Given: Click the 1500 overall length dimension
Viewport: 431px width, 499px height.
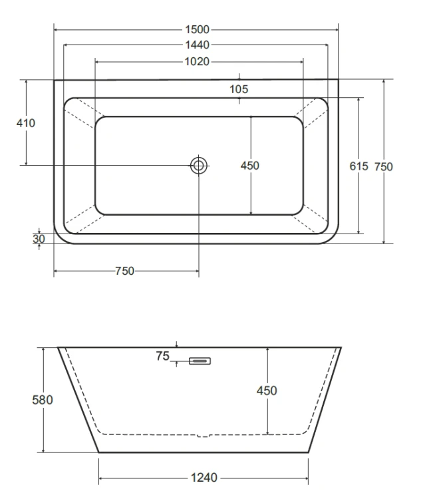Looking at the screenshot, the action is [x=198, y=29].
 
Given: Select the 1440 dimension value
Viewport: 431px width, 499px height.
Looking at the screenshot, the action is [x=198, y=45].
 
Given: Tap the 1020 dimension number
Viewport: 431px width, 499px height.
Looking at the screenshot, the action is [x=197, y=61].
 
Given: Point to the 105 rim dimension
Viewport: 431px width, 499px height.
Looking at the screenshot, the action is [x=239, y=89].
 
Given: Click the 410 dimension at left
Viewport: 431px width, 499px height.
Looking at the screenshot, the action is [x=26, y=123].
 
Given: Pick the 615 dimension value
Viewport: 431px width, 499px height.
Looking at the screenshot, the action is [x=359, y=166].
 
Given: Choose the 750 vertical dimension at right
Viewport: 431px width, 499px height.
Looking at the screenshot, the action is [x=384, y=166].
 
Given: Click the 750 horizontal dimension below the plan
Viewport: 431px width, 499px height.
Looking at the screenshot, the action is [x=124, y=271].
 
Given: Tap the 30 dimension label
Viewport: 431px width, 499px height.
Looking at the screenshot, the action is [x=39, y=239].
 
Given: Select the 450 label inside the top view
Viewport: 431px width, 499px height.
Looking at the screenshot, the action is [x=250, y=166].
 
